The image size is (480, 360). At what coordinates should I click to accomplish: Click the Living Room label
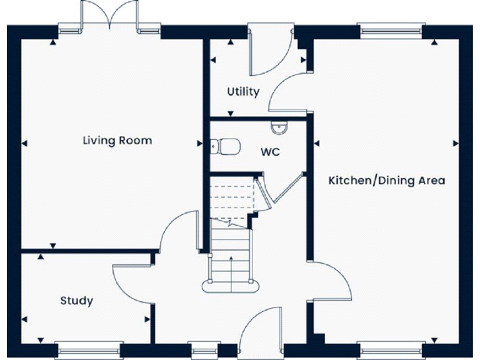pos(117,140)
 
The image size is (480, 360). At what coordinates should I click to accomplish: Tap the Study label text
pos(76,301)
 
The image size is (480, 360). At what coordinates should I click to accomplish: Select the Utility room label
pos(242,92)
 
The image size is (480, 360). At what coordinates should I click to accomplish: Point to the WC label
pos(269,151)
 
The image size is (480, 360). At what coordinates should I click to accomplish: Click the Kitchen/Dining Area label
pos(387,181)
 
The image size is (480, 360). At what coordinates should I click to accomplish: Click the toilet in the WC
pos(225,146)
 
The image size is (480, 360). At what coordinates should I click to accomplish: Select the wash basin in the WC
pos(278,128)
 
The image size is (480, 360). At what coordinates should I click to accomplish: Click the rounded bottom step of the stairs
pos(231,286)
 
